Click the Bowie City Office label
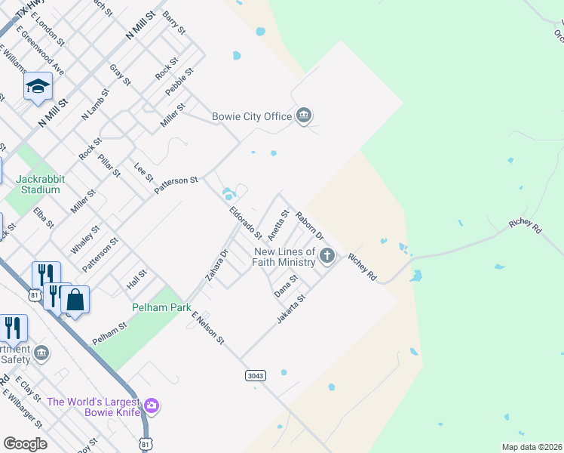coord(252,116)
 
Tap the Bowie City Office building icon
coord(304,116)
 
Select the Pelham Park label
coord(160,307)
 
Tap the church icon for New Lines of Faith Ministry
coord(326,255)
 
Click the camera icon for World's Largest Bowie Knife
coord(152,406)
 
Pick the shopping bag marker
coord(75,300)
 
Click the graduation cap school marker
coord(37,87)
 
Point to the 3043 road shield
coord(256,375)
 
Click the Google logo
coord(26,444)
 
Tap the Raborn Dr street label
coord(309,226)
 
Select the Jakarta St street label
coord(291,310)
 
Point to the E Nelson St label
coord(208,328)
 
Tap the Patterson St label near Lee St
coord(176,185)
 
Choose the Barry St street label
coord(173,23)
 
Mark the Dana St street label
coord(287,285)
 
